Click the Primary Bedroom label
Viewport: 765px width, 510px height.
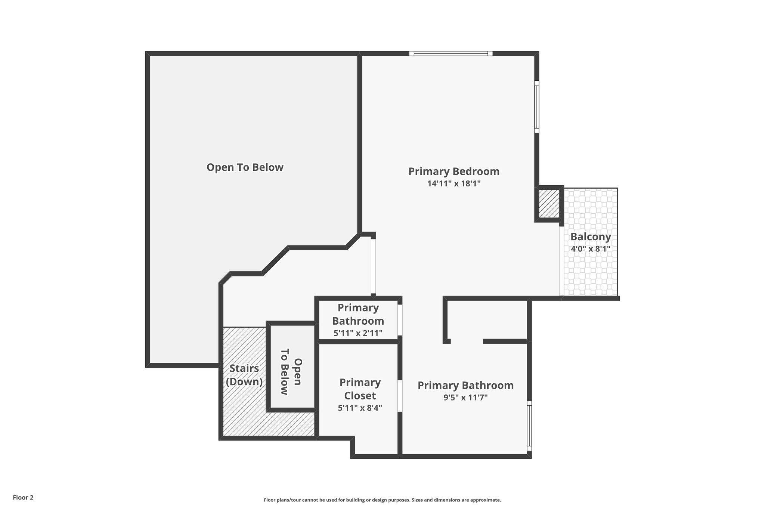pos(453,171)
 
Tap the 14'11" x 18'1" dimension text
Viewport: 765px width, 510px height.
pos(453,183)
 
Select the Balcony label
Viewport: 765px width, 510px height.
pos(590,237)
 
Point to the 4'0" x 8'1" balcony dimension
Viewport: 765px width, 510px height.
pos(590,249)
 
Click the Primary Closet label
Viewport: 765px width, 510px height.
pos(360,389)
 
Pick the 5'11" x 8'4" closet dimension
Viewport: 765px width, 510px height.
pos(360,408)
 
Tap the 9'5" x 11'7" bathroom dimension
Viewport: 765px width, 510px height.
pos(465,398)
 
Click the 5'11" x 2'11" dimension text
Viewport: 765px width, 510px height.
pos(358,333)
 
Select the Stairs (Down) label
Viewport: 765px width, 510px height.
pos(244,375)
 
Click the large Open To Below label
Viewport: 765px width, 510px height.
pos(245,167)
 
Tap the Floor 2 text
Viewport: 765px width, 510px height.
pos(23,497)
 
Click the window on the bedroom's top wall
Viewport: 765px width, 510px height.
pos(450,53)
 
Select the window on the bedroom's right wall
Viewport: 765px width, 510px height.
pos(536,107)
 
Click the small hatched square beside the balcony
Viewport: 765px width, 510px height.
pos(549,204)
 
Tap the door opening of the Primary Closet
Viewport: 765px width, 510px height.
pos(399,396)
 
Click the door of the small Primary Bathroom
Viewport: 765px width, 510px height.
pos(399,320)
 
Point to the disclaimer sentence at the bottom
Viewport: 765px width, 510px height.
pos(382,500)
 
